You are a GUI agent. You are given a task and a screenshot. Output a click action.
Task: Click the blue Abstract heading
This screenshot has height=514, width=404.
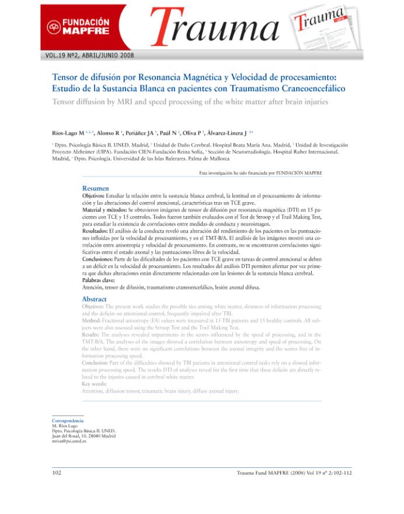click(94, 298)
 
